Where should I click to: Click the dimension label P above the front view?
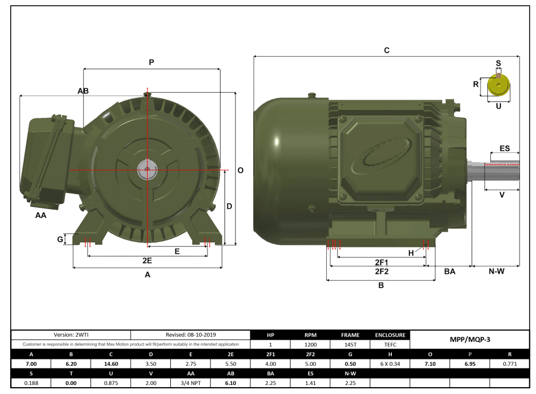click(x=151, y=62)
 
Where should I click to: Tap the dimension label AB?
click(x=83, y=91)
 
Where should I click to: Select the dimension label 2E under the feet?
click(x=147, y=260)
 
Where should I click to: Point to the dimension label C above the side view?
click(x=387, y=50)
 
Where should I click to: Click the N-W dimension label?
click(x=496, y=272)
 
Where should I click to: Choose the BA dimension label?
click(x=449, y=272)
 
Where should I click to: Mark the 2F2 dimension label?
click(x=381, y=271)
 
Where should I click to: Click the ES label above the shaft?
click(x=504, y=149)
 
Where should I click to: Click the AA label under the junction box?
click(x=41, y=216)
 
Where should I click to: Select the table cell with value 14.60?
click(x=111, y=364)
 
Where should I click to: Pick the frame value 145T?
click(x=351, y=344)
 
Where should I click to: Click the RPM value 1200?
click(x=310, y=344)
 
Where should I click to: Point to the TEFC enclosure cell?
click(x=390, y=344)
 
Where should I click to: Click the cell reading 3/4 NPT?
click(x=191, y=383)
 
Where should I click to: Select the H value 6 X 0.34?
click(x=390, y=364)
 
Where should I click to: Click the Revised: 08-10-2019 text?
click(x=191, y=335)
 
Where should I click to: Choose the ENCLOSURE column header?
click(x=390, y=335)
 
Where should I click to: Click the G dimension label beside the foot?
click(x=60, y=239)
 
